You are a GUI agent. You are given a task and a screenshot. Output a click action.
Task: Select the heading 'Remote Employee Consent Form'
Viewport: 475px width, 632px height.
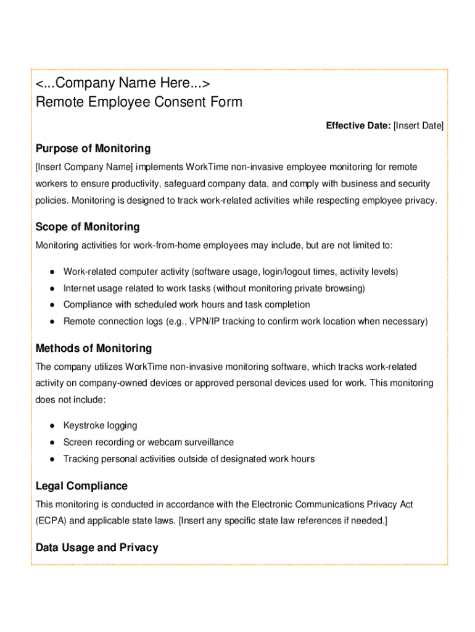(x=139, y=102)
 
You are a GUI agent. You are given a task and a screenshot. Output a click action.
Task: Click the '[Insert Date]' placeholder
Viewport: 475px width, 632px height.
(x=418, y=126)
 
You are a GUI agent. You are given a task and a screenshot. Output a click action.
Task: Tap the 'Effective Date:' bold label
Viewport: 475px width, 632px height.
(x=358, y=126)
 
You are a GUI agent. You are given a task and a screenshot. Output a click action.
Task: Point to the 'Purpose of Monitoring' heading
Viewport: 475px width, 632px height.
(x=93, y=149)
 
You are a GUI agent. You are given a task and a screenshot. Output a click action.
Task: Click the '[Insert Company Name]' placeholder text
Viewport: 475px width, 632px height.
(x=84, y=167)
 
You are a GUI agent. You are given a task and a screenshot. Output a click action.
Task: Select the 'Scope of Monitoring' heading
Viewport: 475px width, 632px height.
(x=88, y=227)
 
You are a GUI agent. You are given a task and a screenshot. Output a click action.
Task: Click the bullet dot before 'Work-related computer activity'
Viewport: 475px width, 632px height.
(x=53, y=272)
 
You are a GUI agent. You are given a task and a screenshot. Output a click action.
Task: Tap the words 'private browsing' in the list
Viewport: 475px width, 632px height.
(x=332, y=288)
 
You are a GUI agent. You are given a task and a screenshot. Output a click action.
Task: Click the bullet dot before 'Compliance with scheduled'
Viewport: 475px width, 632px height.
(x=53, y=305)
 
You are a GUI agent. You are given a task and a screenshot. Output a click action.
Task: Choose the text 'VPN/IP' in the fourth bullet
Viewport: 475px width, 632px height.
(x=226, y=322)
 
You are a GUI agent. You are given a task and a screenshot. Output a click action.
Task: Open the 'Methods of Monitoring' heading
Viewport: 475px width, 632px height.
(x=94, y=349)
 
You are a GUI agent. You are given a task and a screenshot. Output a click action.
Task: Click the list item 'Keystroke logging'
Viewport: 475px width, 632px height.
(x=100, y=426)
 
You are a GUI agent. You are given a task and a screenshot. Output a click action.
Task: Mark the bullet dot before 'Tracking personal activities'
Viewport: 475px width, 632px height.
(x=53, y=459)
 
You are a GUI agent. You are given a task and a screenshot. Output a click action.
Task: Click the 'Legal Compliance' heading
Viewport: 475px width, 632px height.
(x=81, y=486)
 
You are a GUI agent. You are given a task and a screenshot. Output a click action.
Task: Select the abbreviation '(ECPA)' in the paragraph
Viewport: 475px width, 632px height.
(x=51, y=521)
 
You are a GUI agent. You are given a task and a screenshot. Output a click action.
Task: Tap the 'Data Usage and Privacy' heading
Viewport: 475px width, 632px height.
(x=97, y=548)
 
